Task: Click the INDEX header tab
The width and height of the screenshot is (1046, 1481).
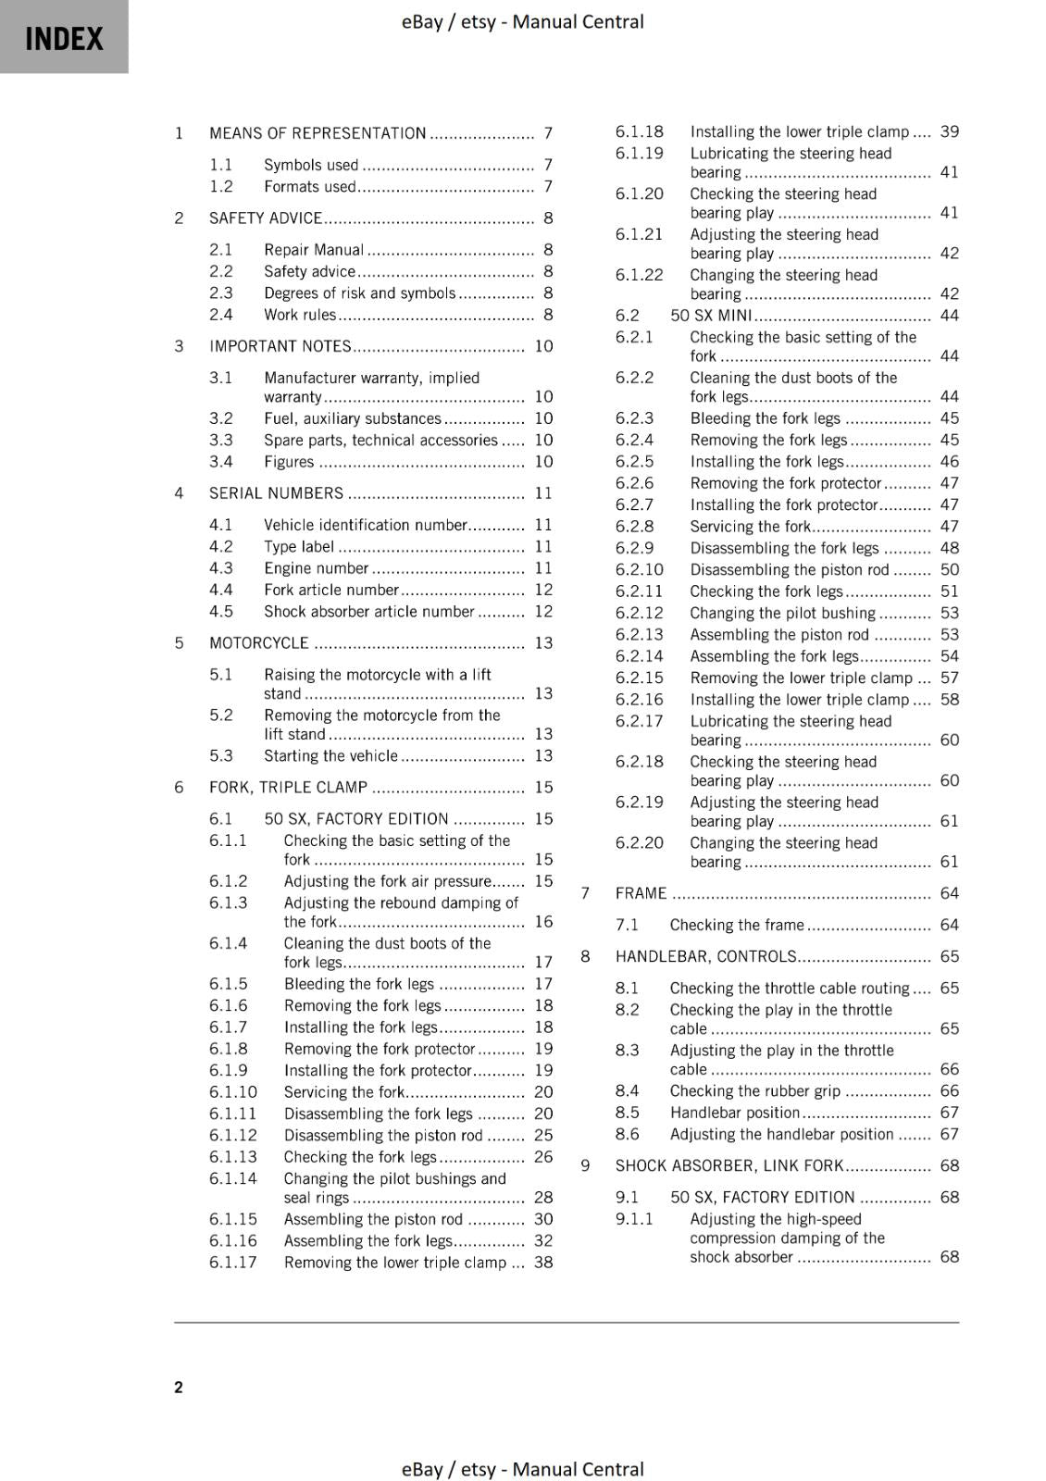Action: (64, 38)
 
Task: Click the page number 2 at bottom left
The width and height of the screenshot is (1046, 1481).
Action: (179, 1387)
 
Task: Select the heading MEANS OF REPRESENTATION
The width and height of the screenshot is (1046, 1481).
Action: (318, 133)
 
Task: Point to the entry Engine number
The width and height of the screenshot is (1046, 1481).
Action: (317, 568)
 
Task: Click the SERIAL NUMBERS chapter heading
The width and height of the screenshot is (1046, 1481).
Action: (276, 493)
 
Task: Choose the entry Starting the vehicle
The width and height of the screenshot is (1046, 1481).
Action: (330, 756)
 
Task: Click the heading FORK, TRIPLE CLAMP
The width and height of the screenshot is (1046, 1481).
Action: (288, 788)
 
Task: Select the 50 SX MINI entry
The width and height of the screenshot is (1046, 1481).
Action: (711, 316)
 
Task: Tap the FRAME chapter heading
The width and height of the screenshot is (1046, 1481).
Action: (641, 893)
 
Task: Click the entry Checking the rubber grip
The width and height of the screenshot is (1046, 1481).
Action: (755, 1091)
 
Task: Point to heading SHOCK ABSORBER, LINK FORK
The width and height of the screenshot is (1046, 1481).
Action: (729, 1166)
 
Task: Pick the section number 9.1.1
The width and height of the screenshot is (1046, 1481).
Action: (634, 1219)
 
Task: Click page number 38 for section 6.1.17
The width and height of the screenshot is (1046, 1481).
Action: (543, 1263)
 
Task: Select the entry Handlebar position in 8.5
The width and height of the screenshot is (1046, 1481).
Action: (735, 1113)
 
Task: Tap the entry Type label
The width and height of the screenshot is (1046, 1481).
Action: (299, 547)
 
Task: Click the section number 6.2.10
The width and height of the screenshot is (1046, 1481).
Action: (640, 570)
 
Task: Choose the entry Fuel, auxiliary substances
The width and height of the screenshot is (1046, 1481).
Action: (353, 418)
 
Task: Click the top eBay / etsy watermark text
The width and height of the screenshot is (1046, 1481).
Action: (522, 21)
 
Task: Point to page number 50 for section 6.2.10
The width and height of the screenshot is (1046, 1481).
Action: (950, 570)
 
